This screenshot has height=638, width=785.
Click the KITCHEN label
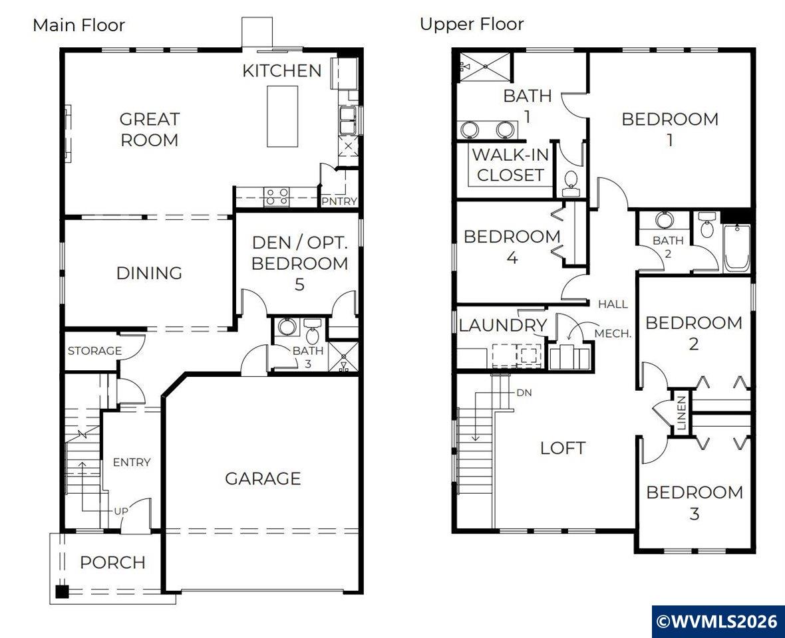(x=282, y=71)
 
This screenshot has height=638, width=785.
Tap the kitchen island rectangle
(x=282, y=116)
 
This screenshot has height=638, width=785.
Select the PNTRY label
(x=339, y=201)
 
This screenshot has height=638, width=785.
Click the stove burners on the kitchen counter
(x=276, y=196)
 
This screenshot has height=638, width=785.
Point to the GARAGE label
(x=263, y=478)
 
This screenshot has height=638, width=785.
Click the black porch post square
(x=62, y=591)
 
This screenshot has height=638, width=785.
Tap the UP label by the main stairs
(x=121, y=511)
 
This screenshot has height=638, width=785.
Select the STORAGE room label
(x=94, y=350)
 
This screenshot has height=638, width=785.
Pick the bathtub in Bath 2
(x=736, y=248)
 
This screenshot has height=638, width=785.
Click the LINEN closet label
(x=681, y=413)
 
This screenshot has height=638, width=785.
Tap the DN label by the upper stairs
(x=524, y=393)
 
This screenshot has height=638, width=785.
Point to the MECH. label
(x=613, y=334)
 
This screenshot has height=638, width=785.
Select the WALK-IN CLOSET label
(x=510, y=165)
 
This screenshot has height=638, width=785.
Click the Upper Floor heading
(x=472, y=24)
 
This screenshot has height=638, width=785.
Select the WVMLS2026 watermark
(x=718, y=621)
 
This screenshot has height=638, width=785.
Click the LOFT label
(x=563, y=448)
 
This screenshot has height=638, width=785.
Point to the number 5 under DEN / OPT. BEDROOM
(x=299, y=284)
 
